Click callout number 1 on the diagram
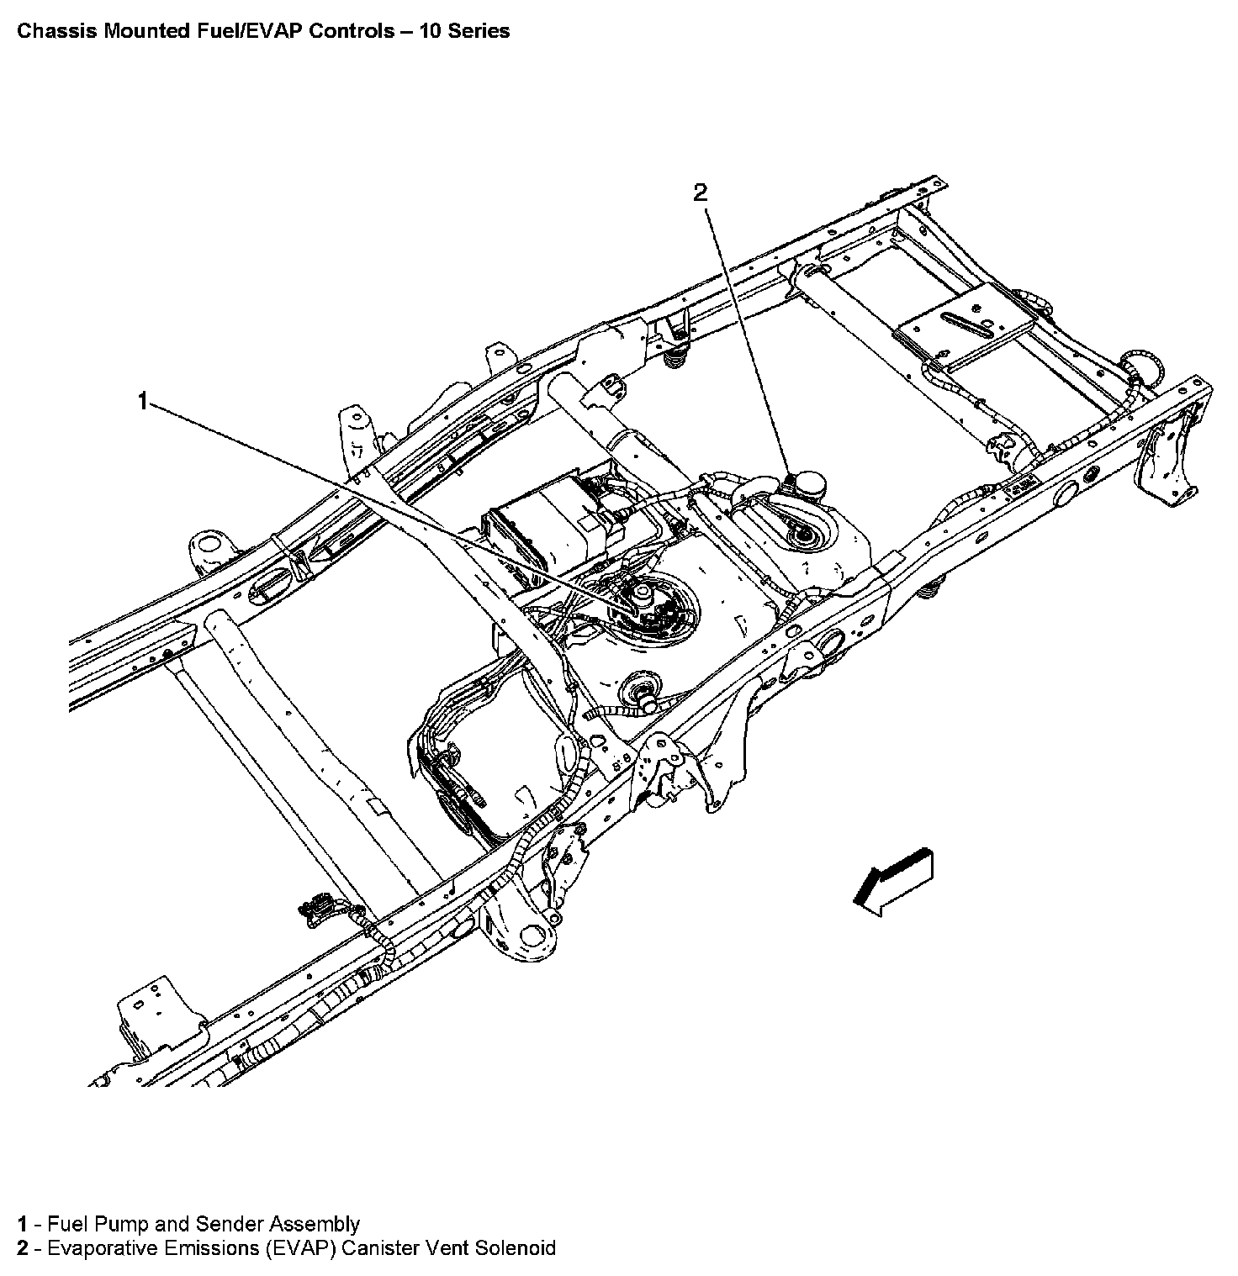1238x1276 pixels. tap(143, 402)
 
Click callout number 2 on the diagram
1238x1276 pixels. tap(701, 193)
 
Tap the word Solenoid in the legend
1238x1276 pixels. tap(515, 1247)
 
